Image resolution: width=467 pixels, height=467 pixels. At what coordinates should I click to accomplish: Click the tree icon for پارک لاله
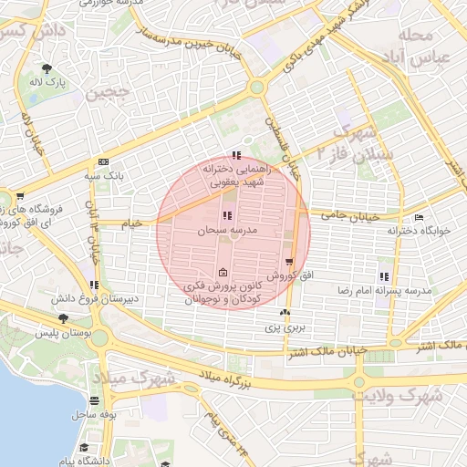[x=45, y=69]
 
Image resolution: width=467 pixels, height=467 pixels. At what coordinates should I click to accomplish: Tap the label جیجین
[x=103, y=92]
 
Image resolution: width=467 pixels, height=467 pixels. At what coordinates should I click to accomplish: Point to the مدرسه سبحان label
[x=227, y=232]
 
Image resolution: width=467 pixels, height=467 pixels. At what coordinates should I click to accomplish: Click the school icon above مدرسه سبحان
[x=227, y=216]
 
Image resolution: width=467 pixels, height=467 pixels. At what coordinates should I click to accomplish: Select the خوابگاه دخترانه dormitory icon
[x=419, y=217]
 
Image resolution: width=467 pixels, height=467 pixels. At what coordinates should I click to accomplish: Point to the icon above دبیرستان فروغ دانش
[x=94, y=285]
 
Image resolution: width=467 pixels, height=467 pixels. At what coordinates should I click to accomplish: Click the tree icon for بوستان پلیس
[x=62, y=318]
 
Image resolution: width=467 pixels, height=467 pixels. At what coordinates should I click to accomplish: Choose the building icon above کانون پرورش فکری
[x=223, y=273]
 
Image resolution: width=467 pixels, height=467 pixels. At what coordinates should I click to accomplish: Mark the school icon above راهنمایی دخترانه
[x=236, y=155]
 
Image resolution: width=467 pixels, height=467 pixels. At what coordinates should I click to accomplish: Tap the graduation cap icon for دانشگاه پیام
[x=84, y=448]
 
